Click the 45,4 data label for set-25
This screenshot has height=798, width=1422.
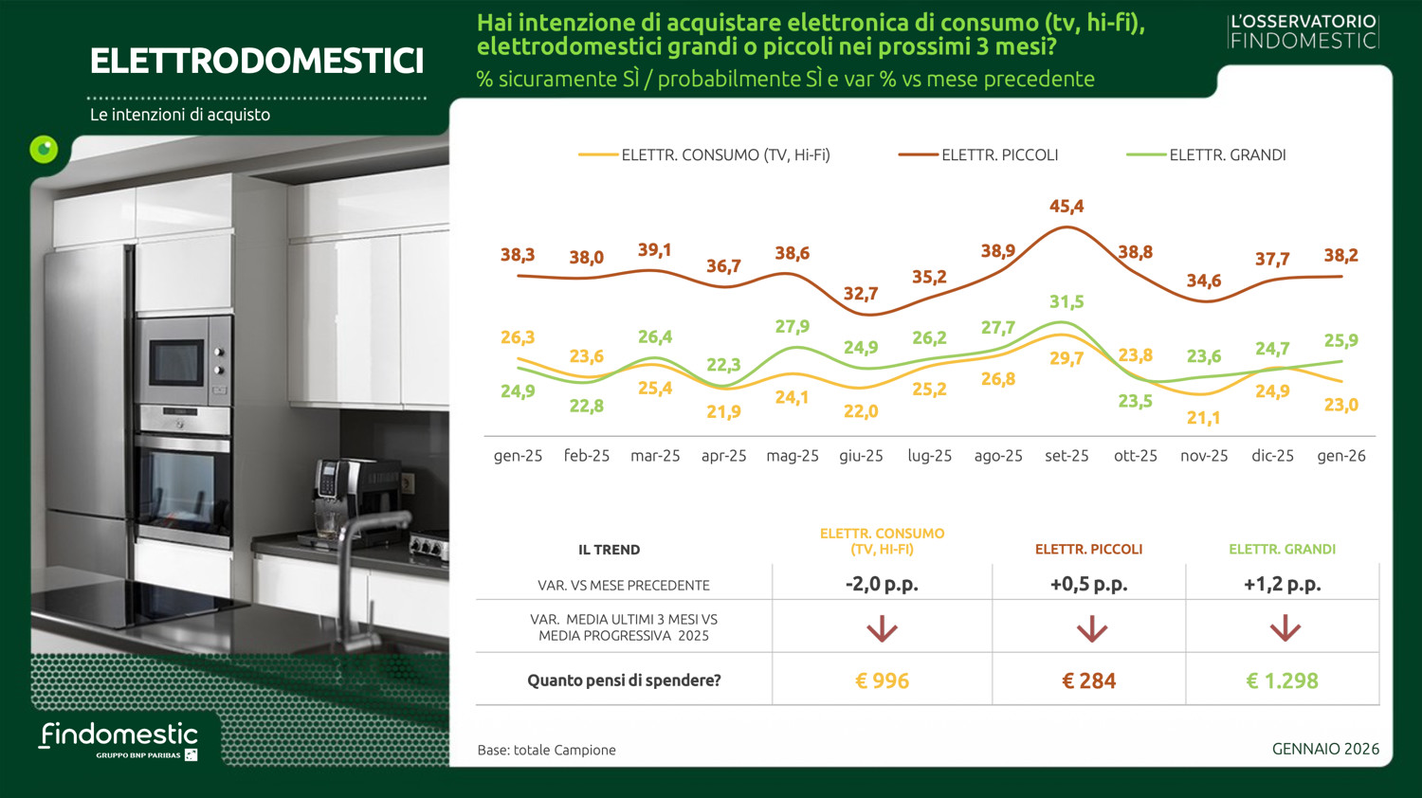pyautogui.click(x=1066, y=207)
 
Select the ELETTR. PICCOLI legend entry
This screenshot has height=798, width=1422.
pyautogui.click(x=999, y=155)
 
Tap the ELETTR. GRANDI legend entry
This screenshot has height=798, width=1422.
pyautogui.click(x=1227, y=155)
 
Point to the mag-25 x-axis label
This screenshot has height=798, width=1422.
pyautogui.click(x=793, y=456)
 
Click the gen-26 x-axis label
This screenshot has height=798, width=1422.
pyautogui.click(x=1341, y=456)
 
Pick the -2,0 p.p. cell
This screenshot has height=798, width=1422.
pyautogui.click(x=882, y=585)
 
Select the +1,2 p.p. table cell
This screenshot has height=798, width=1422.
pyautogui.click(x=1282, y=585)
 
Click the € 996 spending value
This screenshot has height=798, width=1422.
pyautogui.click(x=882, y=680)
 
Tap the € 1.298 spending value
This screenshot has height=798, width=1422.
pyautogui.click(x=1282, y=680)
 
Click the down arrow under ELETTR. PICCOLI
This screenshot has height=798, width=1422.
pyautogui.click(x=1092, y=629)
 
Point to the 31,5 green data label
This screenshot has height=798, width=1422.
pyautogui.click(x=1066, y=302)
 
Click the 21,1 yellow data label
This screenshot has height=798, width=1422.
pyautogui.click(x=1204, y=418)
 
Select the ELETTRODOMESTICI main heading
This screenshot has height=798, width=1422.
pyautogui.click(x=257, y=62)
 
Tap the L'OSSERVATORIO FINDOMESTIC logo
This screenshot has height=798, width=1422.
pyautogui.click(x=1303, y=31)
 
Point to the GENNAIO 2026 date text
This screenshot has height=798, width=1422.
pyautogui.click(x=1325, y=749)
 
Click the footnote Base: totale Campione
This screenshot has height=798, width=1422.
pyautogui.click(x=547, y=750)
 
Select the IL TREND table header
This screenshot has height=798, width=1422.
pyautogui.click(x=609, y=550)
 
